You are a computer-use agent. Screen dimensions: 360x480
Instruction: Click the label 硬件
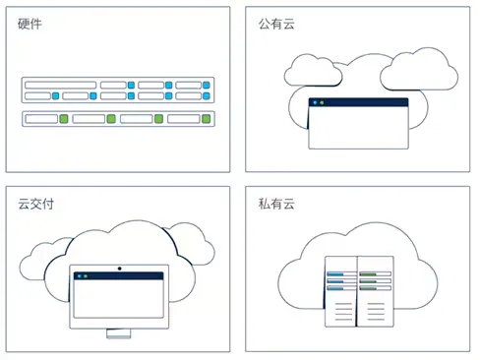pos(30,24)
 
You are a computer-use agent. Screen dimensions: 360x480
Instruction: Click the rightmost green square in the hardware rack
pos(206,119)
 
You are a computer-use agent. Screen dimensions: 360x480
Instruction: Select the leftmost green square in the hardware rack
pos(63,119)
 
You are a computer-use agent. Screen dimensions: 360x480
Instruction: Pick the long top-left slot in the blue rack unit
pos(60,86)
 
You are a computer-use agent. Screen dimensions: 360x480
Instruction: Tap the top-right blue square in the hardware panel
pos(207,86)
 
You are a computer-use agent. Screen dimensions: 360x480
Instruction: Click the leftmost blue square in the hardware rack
pos(56,96)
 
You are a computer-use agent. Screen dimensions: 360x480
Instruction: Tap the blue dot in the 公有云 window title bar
pos(315,102)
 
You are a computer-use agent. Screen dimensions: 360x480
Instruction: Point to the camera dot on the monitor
pos(120,269)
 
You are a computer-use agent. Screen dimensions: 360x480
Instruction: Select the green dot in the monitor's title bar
pos(88,277)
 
